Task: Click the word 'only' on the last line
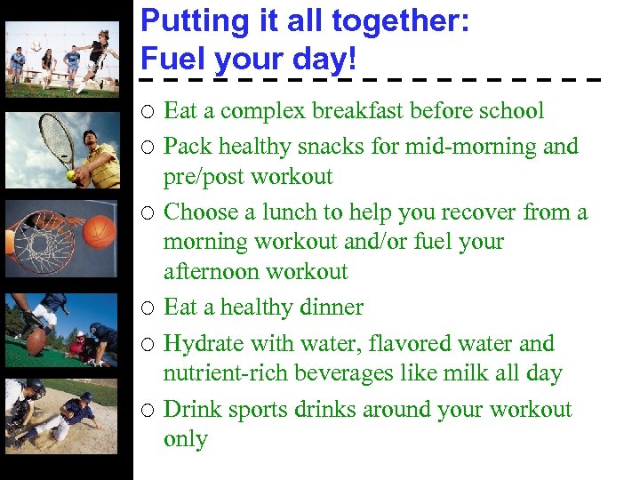coord(185,439)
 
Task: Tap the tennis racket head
coord(57,138)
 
